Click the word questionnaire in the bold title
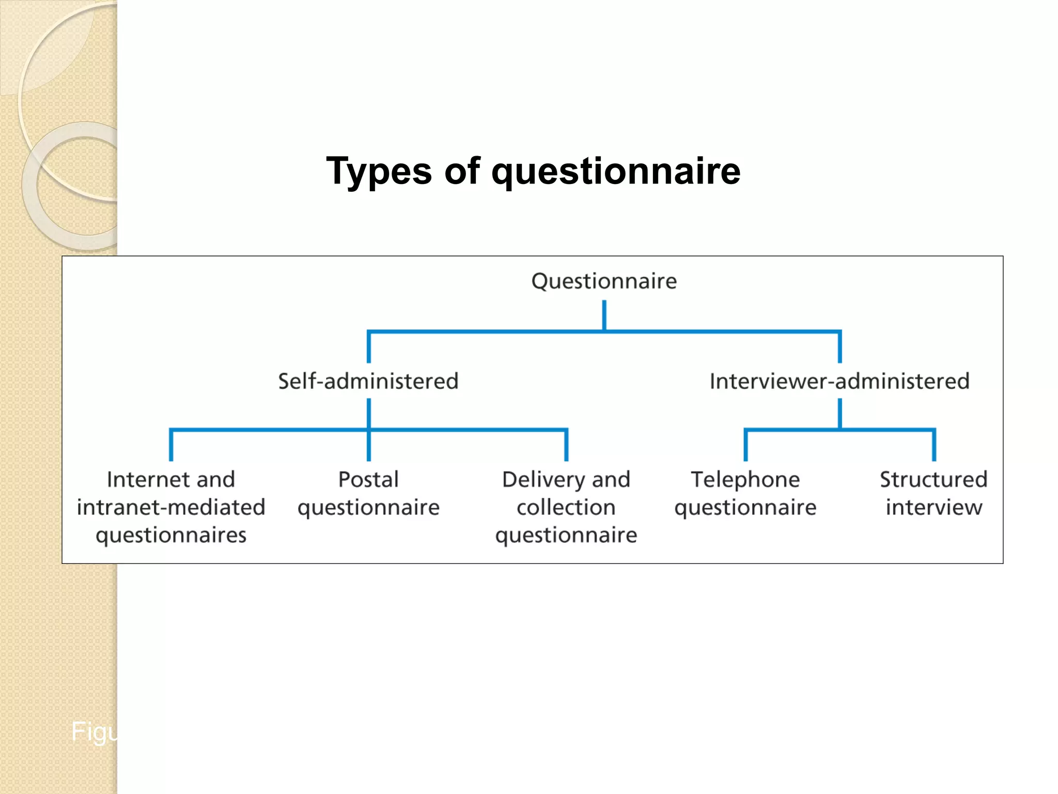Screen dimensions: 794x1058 [x=616, y=171]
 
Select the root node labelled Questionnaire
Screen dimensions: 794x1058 [x=604, y=281]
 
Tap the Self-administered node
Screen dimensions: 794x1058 [x=368, y=381]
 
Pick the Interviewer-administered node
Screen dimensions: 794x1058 [x=839, y=381]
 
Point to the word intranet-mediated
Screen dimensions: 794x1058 [x=171, y=507]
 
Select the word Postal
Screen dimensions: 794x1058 [x=368, y=479]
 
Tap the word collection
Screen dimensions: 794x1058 [x=566, y=507]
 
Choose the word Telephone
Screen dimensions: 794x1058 [x=745, y=479]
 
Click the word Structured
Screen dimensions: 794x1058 [x=933, y=479]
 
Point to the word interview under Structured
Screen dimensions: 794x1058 [x=933, y=507]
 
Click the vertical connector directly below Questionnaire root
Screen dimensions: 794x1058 [x=604, y=315]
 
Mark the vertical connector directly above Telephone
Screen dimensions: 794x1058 [x=745, y=445]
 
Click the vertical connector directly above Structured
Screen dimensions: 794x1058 [x=934, y=445]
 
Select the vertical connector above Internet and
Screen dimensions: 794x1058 [x=171, y=445]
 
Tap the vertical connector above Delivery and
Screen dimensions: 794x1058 [x=566, y=445]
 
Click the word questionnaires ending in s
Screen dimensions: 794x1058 [x=171, y=535]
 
